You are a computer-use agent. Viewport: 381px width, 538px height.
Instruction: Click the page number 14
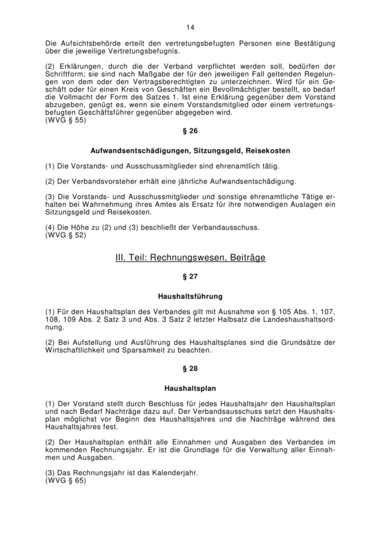190,27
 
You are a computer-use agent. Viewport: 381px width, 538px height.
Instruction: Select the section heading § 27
190,276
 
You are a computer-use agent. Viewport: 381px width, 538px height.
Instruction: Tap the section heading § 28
190,368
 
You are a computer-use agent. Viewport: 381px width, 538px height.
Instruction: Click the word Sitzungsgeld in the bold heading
209,151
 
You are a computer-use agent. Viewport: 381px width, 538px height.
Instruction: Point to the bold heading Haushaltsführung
190,297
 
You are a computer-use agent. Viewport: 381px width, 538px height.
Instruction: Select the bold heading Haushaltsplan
190,388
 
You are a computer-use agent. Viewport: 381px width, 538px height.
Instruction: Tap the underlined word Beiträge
248,258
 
